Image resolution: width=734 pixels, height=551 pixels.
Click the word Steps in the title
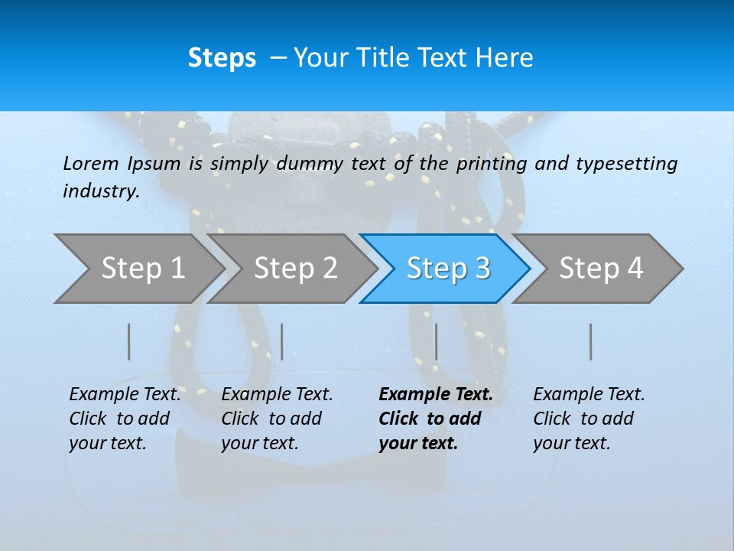coord(222,58)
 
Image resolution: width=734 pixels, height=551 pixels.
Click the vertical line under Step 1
coord(129,341)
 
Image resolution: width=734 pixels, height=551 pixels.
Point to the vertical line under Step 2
coord(282,341)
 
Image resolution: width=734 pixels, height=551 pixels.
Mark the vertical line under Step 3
coord(436,341)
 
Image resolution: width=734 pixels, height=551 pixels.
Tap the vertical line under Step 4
coord(590,341)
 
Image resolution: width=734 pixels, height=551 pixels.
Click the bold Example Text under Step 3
coord(436,395)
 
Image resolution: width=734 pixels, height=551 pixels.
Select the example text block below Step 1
coord(125,419)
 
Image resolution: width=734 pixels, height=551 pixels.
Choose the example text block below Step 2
coord(277,419)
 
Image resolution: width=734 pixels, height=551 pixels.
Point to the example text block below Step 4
coord(589,419)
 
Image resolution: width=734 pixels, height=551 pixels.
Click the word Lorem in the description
coord(91,163)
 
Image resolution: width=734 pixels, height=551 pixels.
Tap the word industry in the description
coord(101,191)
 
